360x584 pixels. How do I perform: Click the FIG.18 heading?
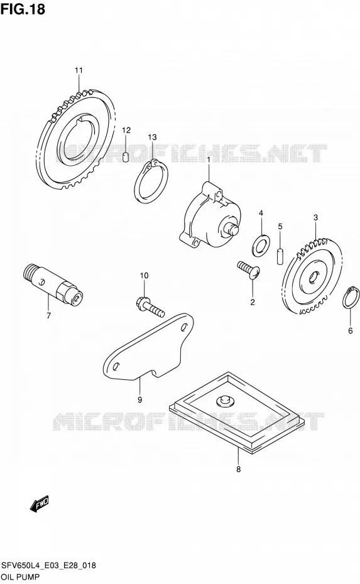[x=23, y=9]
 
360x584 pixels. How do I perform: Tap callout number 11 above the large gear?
[x=79, y=70]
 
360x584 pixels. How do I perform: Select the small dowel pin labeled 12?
[x=126, y=157]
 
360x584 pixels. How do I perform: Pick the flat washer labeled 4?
[x=261, y=246]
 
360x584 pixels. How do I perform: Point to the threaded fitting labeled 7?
[x=53, y=285]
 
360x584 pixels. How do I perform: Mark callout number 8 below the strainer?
[x=239, y=469]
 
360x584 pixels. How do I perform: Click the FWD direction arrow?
[x=40, y=503]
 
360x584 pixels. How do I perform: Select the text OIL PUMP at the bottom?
[x=20, y=577]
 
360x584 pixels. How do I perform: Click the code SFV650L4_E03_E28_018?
[x=48, y=566]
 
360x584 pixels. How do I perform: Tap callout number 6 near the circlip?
[x=350, y=330]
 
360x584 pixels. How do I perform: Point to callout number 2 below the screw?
[x=253, y=302]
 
